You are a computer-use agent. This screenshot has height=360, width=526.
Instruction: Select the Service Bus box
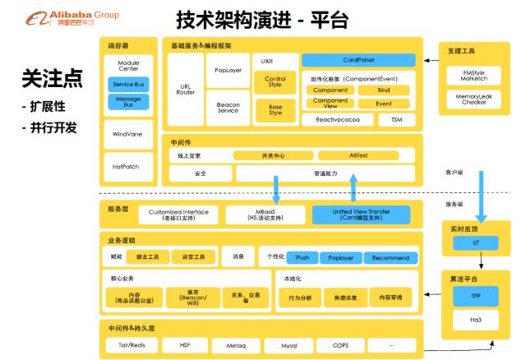[128, 84]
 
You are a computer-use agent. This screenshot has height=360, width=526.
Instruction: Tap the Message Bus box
[128, 103]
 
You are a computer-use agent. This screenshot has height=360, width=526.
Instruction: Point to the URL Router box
[185, 89]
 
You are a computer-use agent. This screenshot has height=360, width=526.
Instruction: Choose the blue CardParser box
[359, 60]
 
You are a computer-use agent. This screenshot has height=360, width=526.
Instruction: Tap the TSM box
[396, 119]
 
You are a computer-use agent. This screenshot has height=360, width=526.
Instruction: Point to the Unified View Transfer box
[361, 215]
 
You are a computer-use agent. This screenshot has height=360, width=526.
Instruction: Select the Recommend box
[390, 257]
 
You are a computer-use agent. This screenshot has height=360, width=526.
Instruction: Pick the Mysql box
[288, 346]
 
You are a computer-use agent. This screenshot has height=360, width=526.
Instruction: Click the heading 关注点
[52, 79]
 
